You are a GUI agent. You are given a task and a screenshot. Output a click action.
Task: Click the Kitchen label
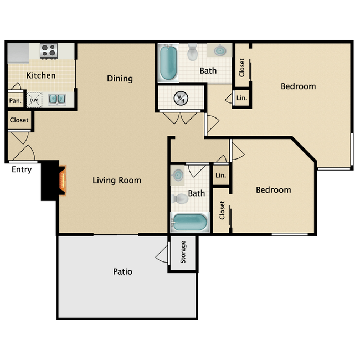point(41,75)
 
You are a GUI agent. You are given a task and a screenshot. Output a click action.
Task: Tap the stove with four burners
point(49,52)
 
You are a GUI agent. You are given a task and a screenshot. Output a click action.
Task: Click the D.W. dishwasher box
point(34,100)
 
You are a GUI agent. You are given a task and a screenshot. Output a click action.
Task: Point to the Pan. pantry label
point(14,100)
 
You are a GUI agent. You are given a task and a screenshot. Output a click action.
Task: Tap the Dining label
point(120,79)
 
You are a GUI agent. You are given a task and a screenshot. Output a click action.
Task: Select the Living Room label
point(116,181)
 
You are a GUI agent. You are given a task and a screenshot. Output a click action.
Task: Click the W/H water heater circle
point(181,99)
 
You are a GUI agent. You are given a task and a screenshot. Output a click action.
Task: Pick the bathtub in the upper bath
point(168,63)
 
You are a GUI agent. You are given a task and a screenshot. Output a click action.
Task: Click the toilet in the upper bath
point(192,53)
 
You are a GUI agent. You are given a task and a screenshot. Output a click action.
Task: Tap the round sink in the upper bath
point(220,50)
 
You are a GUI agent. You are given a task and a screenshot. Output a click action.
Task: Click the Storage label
point(183,252)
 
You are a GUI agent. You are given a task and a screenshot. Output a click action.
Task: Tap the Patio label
point(122,272)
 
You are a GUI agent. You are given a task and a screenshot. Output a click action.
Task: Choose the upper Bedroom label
point(298,86)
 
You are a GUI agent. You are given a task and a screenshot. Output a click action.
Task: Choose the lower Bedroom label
point(273,190)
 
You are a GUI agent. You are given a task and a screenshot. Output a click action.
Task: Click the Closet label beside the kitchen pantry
point(19,120)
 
